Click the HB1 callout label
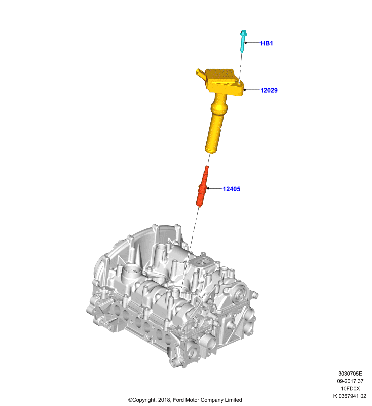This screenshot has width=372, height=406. click(267, 43)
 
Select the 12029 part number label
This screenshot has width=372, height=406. click(269, 90)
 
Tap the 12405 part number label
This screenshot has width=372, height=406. click(232, 189)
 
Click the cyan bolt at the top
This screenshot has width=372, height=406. click(243, 41)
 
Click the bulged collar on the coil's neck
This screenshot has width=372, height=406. click(219, 106)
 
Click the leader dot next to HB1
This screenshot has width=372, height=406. click(246, 43)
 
